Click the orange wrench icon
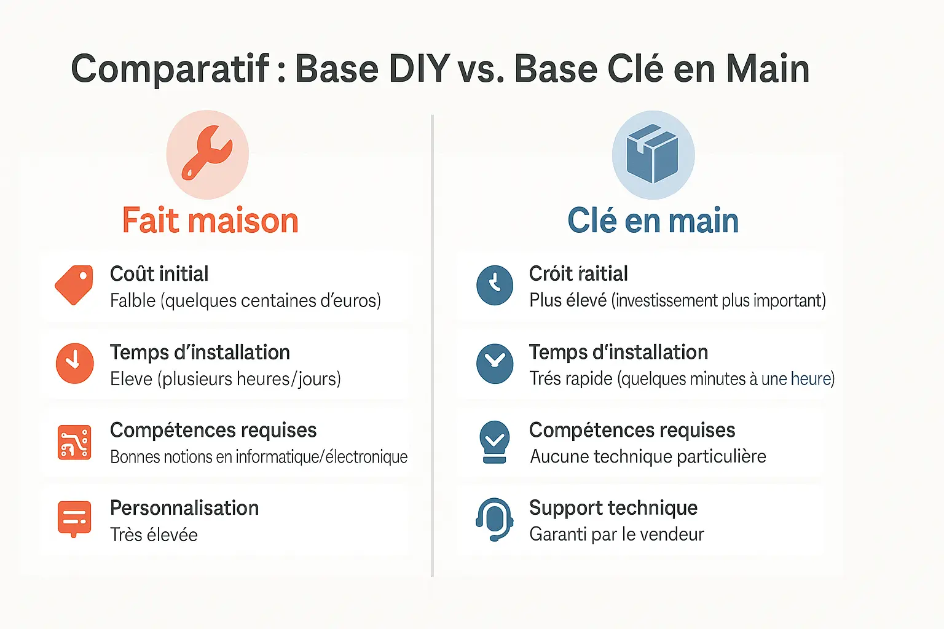tap(207, 154)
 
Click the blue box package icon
tap(653, 154)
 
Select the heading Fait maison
tap(210, 221)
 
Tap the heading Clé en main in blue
tap(653, 221)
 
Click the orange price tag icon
tap(74, 285)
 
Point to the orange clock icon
tap(74, 363)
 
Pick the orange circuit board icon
tap(74, 442)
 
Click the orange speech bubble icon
tap(74, 519)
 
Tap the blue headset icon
tap(495, 520)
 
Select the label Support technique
tap(613, 508)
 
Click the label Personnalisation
tap(184, 508)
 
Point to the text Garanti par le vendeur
tap(616, 534)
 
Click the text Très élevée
tap(154, 535)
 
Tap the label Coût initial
tap(159, 274)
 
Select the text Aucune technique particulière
tap(648, 456)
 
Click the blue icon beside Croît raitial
tap(495, 285)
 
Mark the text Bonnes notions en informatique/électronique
tap(259, 457)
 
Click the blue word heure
tap(811, 379)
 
